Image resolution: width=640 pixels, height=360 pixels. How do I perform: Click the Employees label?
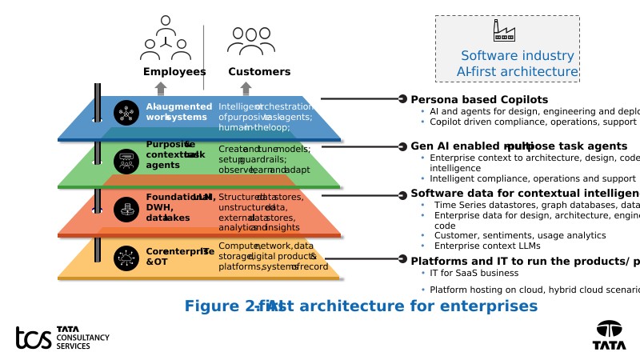(174, 72)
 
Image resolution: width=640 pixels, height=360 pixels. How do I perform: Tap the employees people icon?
(166, 38)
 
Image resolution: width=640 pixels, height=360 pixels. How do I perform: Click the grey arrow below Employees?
(161, 88)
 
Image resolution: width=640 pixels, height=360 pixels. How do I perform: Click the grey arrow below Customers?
(246, 88)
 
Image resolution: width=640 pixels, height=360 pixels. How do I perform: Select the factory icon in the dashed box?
(504, 31)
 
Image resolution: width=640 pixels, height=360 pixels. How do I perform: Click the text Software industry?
(517, 56)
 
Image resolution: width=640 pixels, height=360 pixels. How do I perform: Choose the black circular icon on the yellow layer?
(126, 257)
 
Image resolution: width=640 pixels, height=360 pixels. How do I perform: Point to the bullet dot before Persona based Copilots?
(402, 99)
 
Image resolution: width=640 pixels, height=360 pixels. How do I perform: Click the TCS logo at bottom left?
(62, 338)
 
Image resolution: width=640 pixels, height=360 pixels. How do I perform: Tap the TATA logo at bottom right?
(609, 334)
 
